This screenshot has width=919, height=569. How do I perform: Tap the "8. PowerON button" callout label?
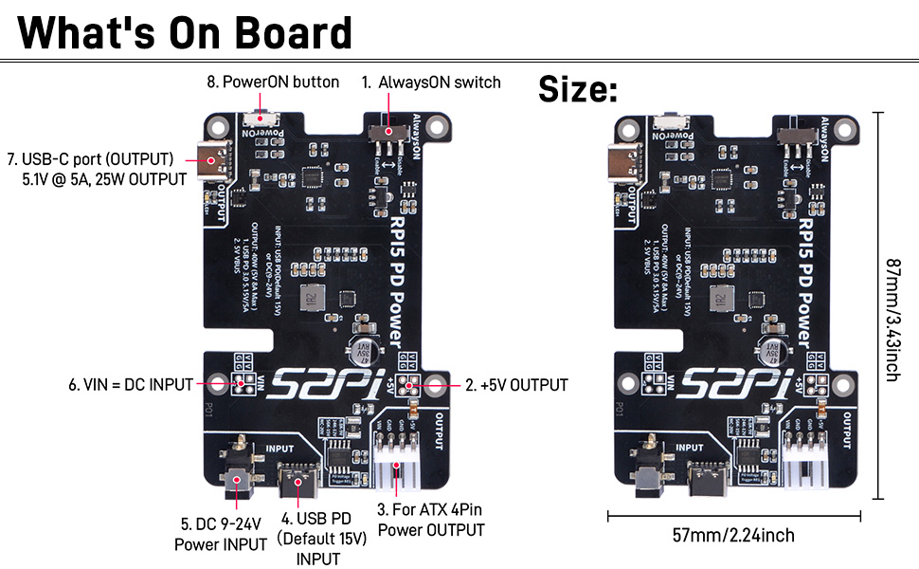273,82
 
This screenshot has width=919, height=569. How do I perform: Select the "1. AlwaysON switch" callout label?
431,82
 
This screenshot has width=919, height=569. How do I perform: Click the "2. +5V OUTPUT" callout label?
516,385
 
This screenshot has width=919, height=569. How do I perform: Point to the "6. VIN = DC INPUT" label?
130,385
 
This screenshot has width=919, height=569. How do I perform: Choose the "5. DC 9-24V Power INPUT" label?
221,534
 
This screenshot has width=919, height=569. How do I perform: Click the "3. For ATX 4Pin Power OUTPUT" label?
431,520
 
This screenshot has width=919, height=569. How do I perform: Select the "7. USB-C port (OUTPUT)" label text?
91,158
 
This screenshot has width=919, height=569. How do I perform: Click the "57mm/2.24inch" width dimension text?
733,536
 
